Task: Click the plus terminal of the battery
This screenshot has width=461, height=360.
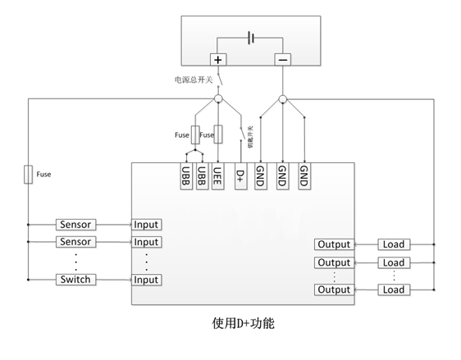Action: [218, 59]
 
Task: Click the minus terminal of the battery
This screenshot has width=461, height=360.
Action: [282, 59]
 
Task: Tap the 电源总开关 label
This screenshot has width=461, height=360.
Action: [193, 80]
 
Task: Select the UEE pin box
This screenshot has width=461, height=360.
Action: [218, 176]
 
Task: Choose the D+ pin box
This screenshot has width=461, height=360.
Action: [240, 176]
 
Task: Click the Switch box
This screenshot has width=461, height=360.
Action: [75, 280]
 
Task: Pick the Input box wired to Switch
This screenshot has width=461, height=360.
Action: [146, 280]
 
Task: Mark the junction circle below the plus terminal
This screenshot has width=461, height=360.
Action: [218, 99]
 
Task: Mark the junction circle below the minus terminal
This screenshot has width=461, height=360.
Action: [282, 99]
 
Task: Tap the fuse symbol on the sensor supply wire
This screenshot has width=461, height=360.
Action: [29, 174]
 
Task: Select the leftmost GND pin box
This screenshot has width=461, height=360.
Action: [260, 176]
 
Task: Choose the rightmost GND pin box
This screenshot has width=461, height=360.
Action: [304, 176]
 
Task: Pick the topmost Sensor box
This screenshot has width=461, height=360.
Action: [75, 225]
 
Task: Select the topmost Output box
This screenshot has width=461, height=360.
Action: [334, 244]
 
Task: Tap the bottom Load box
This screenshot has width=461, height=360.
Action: [394, 289]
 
